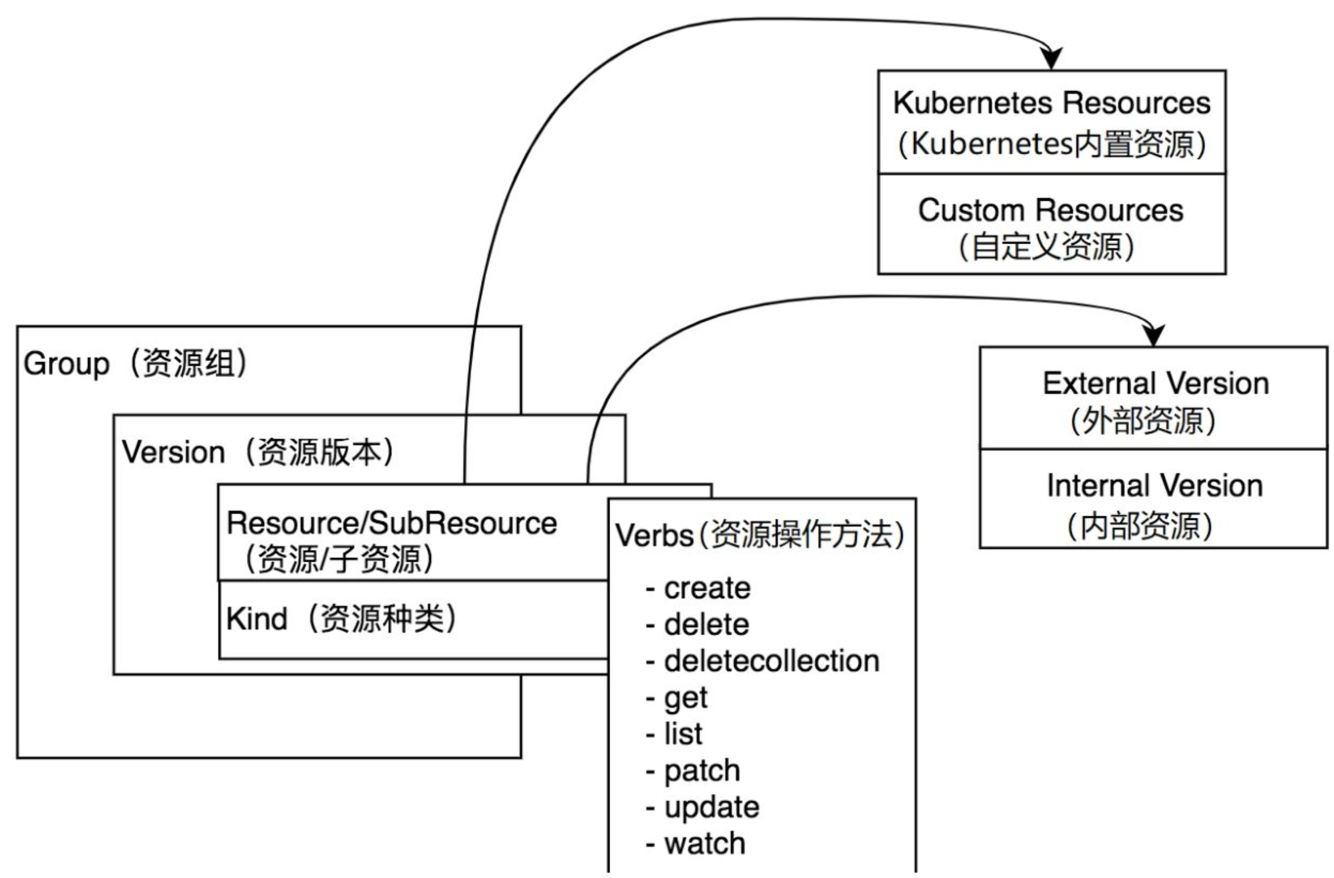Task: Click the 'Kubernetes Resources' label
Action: pyautogui.click(x=1052, y=103)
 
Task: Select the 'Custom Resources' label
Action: pyautogui.click(x=1050, y=210)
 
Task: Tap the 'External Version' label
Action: pyautogui.click(x=1155, y=384)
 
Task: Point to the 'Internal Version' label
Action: pyautogui.click(x=1154, y=486)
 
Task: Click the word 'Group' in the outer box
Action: pyautogui.click(x=66, y=364)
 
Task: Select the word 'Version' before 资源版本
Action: pyautogui.click(x=174, y=453)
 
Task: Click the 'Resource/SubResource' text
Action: pyautogui.click(x=391, y=524)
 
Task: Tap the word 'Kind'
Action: pyautogui.click(x=257, y=619)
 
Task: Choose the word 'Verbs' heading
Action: pyautogui.click(x=654, y=536)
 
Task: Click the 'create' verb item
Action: pyautogui.click(x=707, y=589)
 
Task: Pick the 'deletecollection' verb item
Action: pyautogui.click(x=772, y=661)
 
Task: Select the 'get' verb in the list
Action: pyautogui.click(x=685, y=698)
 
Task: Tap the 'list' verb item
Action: pyautogui.click(x=683, y=734)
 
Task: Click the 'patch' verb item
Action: pyautogui.click(x=702, y=771)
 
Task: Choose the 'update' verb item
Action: pyautogui.click(x=712, y=808)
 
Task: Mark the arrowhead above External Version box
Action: pyautogui.click(x=1154, y=335)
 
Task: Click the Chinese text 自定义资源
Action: pyautogui.click(x=1047, y=247)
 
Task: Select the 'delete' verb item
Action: pyautogui.click(x=706, y=625)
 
